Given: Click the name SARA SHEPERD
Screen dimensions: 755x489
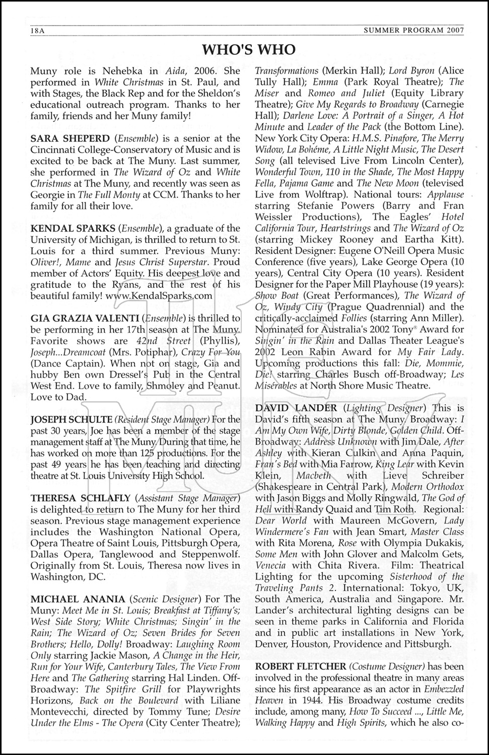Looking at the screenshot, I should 71,138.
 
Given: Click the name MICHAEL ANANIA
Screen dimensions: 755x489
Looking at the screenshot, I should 78,599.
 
